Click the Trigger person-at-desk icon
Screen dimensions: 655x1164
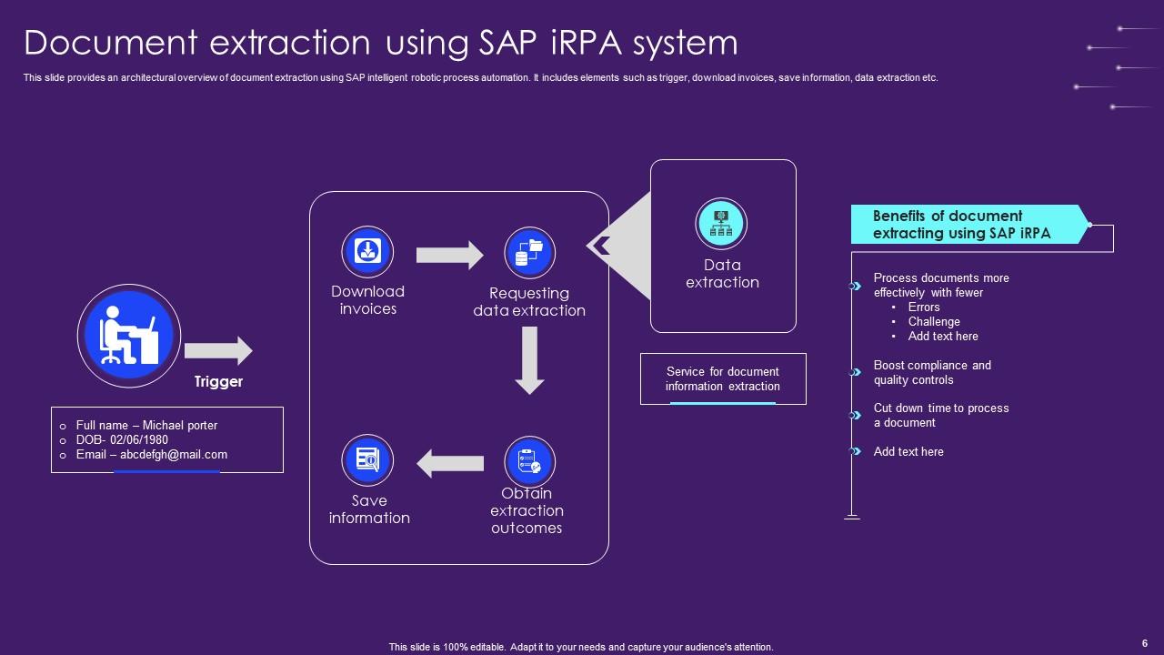[x=129, y=335]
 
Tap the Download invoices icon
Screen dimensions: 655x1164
[x=367, y=252]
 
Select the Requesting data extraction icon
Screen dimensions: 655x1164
[x=529, y=252]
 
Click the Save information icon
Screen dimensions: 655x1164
[x=367, y=460]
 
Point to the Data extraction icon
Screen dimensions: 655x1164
[x=721, y=224]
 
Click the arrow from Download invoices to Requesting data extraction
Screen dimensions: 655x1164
[x=449, y=255]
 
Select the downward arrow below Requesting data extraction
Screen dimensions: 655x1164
[x=529, y=360]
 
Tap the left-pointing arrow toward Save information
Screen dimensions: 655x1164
[x=450, y=463]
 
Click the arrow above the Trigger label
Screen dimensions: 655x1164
[x=218, y=351]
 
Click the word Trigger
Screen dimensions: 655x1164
[x=218, y=382]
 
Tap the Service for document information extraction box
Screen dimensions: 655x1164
[x=723, y=378]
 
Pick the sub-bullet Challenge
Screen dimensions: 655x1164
[x=934, y=322]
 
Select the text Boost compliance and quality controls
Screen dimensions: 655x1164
[x=932, y=373]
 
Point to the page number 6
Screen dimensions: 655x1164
[x=1144, y=641]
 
